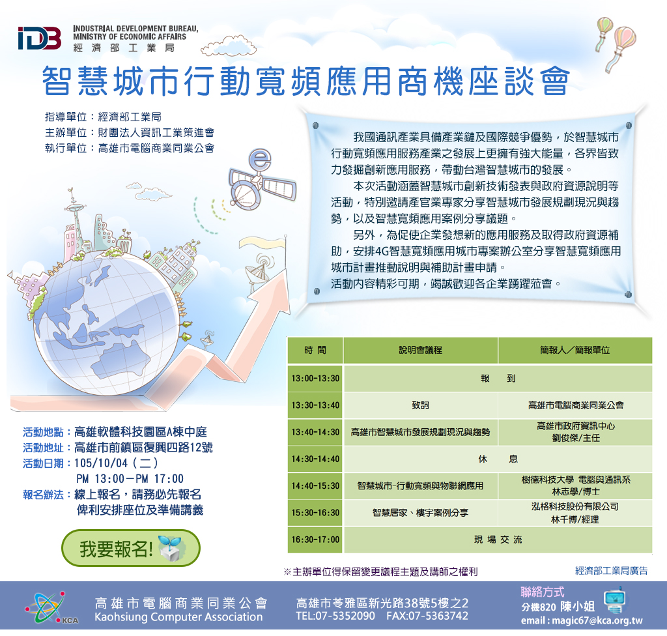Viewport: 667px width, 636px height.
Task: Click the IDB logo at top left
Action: pos(40,38)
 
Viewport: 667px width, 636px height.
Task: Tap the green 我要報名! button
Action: pos(131,548)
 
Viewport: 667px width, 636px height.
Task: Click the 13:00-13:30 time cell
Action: pos(315,378)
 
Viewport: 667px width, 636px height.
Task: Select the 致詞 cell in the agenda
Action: pos(420,405)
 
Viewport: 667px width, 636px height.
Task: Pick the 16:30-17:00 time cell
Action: pos(315,540)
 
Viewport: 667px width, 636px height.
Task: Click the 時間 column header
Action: pos(315,350)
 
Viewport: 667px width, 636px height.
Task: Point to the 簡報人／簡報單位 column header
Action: pos(575,350)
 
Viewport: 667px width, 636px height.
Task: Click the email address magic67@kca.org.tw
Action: pos(582,620)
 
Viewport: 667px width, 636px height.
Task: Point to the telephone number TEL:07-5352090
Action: pos(335,616)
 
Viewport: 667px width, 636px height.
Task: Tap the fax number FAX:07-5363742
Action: pos(427,616)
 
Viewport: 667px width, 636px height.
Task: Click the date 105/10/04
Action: pos(101,463)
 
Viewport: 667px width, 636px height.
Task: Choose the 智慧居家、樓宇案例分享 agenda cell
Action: pos(420,513)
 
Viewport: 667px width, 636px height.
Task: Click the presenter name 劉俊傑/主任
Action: pos(576,438)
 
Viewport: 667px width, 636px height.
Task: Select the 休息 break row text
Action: pos(498,459)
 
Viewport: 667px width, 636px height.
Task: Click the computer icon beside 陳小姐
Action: pos(614,600)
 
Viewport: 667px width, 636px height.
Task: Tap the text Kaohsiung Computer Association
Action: pos(178,617)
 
